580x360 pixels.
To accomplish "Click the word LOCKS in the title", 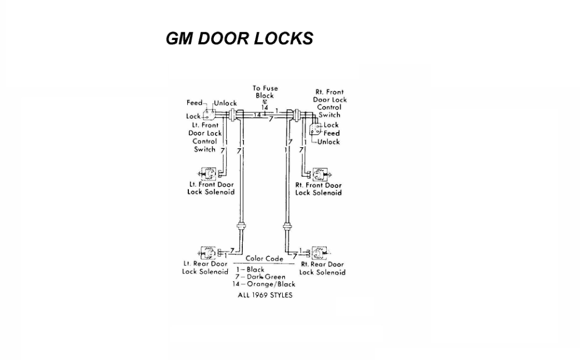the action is click(x=283, y=38).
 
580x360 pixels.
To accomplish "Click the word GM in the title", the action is click(x=179, y=38).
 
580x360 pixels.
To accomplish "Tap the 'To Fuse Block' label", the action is click(x=265, y=92).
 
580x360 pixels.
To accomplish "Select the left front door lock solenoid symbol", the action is click(x=208, y=174).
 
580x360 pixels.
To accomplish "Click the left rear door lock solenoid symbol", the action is click(x=208, y=253).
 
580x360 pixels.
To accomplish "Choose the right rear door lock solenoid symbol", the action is click(x=319, y=253).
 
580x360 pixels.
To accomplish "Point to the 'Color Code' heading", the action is click(x=264, y=259).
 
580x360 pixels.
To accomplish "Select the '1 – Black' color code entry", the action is click(x=251, y=270).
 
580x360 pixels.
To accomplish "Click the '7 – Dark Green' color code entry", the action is click(x=261, y=277).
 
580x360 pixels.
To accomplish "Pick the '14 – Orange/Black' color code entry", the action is click(x=264, y=284).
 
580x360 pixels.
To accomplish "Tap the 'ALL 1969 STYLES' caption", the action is click(x=265, y=295).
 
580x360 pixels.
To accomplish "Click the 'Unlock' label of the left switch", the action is click(x=225, y=103).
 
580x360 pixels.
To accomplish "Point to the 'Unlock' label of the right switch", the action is click(x=328, y=142).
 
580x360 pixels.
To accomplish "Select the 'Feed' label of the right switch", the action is click(x=332, y=133).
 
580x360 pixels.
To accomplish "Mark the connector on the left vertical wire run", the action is click(x=241, y=226).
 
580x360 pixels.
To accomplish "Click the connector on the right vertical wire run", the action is click(x=287, y=226).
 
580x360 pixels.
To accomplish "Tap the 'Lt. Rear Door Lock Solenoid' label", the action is click(x=205, y=268).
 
